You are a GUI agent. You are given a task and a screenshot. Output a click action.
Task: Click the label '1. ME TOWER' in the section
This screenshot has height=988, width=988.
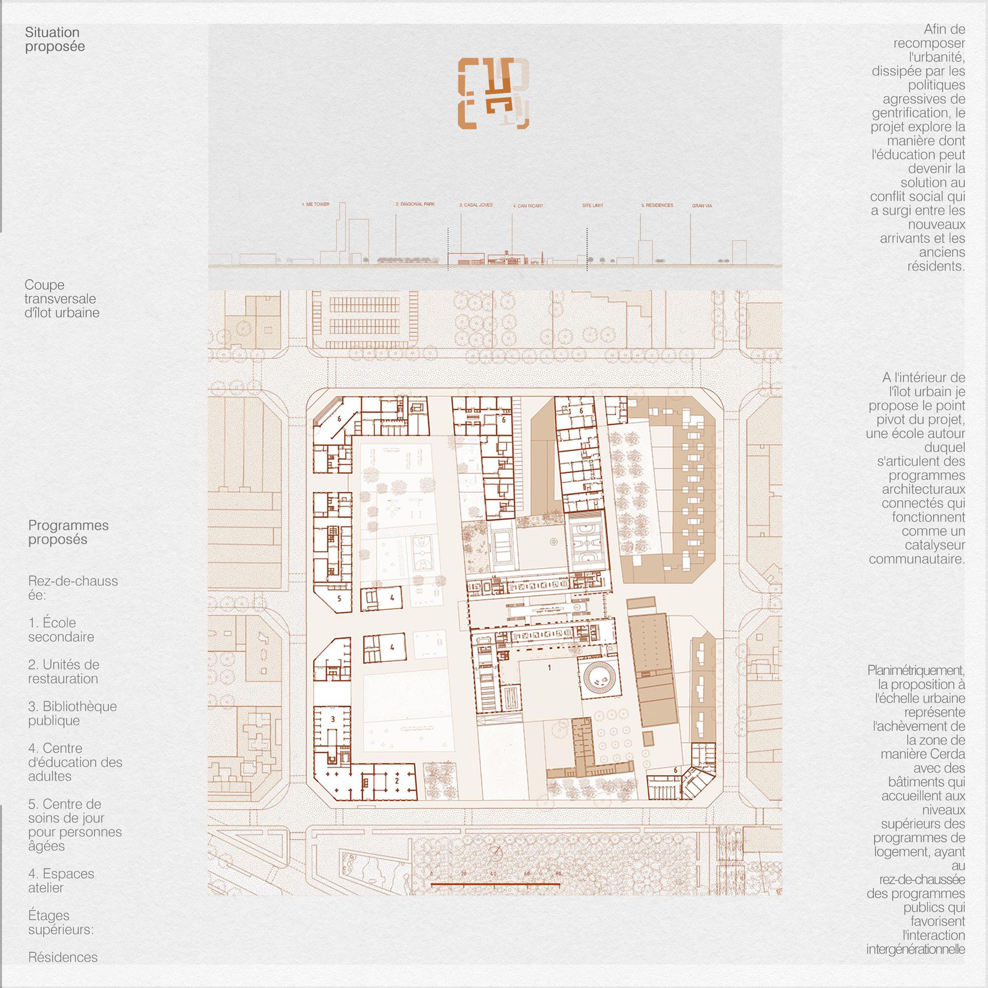tap(315, 205)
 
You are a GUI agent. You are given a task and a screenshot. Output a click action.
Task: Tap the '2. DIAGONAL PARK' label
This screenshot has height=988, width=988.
tap(415, 204)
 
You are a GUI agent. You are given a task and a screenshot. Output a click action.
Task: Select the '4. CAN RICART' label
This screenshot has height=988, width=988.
tap(528, 206)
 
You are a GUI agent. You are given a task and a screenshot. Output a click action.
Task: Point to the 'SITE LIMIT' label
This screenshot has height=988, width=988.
tap(593, 206)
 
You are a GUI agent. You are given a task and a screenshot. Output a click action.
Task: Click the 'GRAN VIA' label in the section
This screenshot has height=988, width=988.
tap(702, 206)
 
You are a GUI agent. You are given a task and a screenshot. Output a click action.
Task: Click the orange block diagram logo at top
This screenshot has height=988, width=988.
tap(493, 93)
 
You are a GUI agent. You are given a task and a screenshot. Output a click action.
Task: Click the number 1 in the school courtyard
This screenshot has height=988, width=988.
tap(549, 668)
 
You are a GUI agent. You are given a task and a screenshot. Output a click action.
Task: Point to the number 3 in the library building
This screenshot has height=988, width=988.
tap(333, 720)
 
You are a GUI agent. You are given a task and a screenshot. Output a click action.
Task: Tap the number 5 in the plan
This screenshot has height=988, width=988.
tap(339, 598)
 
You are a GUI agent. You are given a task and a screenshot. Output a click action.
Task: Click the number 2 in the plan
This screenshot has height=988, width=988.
tap(396, 781)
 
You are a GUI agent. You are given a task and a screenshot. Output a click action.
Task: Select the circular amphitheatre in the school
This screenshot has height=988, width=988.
tap(598, 678)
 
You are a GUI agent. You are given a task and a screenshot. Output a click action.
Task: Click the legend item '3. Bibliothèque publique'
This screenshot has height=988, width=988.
tap(73, 713)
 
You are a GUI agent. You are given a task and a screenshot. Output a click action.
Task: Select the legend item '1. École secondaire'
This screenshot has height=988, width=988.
tap(61, 630)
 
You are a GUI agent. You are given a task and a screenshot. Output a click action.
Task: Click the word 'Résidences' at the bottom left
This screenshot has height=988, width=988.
tap(63, 957)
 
